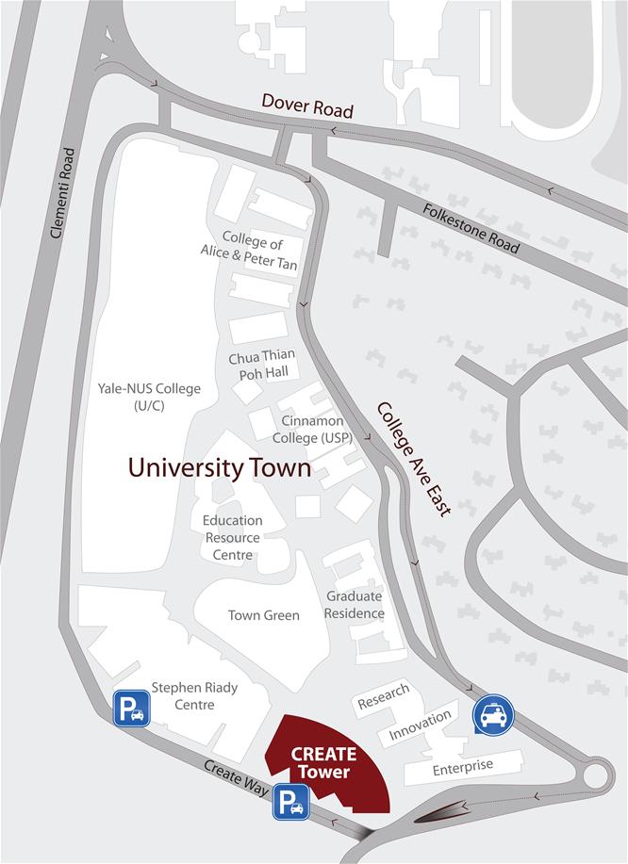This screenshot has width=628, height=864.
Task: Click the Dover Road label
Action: pyautogui.click(x=307, y=106)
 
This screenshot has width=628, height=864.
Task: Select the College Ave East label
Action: pyautogui.click(x=414, y=459)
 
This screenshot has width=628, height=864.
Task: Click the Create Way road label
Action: pyautogui.click(x=236, y=779)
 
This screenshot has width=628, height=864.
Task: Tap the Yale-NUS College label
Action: pyautogui.click(x=149, y=396)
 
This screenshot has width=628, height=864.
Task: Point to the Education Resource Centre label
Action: pyautogui.click(x=233, y=537)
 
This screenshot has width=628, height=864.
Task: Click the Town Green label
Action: pyautogui.click(x=263, y=615)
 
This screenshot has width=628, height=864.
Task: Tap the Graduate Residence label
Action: pyautogui.click(x=355, y=605)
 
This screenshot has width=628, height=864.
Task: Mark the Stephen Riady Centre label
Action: pyautogui.click(x=194, y=696)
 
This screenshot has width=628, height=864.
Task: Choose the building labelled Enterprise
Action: pyautogui.click(x=462, y=767)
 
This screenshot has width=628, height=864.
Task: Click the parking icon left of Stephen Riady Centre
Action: pyautogui.click(x=131, y=709)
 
